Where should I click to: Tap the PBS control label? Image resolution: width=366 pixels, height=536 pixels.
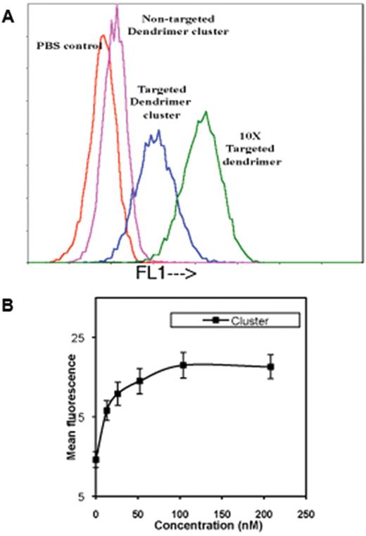[67, 46]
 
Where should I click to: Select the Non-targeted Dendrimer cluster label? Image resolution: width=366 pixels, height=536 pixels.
[162, 24]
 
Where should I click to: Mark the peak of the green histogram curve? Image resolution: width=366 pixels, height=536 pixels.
[206, 112]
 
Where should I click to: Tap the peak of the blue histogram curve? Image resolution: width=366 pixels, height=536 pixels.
[159, 131]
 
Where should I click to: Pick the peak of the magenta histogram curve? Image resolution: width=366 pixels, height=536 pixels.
[117, 7]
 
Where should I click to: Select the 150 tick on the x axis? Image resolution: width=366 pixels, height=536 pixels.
[222, 514]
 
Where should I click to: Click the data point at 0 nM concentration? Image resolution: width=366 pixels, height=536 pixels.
[96, 460]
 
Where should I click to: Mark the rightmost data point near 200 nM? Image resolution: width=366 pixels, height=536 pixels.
[271, 367]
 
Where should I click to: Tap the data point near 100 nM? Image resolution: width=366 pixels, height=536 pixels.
[183, 365]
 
